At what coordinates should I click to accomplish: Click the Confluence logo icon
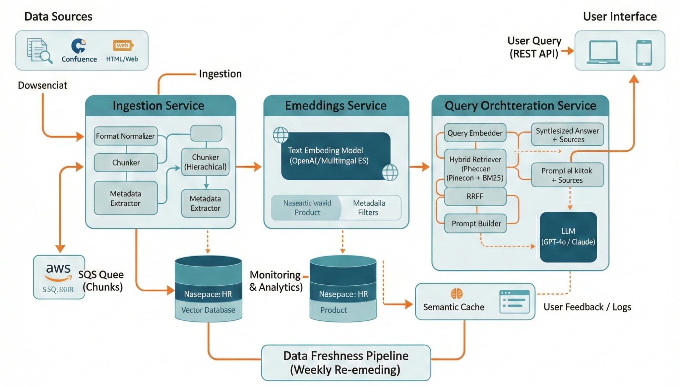pyautogui.click(x=79, y=46)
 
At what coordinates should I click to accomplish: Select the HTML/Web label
pyautogui.click(x=122, y=59)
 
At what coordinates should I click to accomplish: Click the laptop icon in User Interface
pyautogui.click(x=603, y=52)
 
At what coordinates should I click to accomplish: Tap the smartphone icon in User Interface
pyautogui.click(x=644, y=52)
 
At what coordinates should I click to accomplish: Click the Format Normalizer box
pyautogui.click(x=125, y=136)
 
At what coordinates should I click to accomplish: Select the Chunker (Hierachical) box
pyautogui.click(x=206, y=162)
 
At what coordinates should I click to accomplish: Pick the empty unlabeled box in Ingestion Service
pyautogui.click(x=206, y=133)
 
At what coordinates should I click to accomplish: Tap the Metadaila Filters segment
pyautogui.click(x=369, y=208)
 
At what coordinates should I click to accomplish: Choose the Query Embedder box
pyautogui.click(x=475, y=133)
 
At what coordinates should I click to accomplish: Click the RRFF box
pyautogui.click(x=475, y=197)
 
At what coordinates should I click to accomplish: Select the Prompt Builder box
pyautogui.click(x=476, y=224)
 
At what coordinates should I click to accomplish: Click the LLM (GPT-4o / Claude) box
pyautogui.click(x=568, y=237)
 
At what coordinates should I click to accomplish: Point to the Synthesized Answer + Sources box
pyautogui.click(x=567, y=135)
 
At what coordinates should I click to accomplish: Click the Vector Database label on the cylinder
pyautogui.click(x=208, y=310)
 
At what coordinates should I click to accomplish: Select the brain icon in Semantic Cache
pyautogui.click(x=457, y=293)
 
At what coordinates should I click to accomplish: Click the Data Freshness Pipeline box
pyautogui.click(x=345, y=362)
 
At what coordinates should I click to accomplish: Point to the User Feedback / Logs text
pyautogui.click(x=587, y=307)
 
